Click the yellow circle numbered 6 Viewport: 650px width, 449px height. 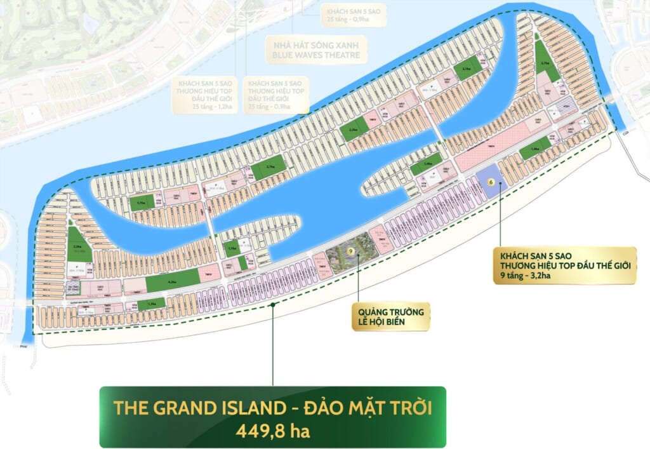pyautogui.click(x=490, y=181)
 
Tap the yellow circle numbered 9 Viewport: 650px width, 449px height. pyautogui.click(x=350, y=252)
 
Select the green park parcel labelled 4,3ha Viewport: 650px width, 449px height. pyautogui.click(x=172, y=279)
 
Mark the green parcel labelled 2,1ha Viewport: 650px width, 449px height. pyautogui.click(x=467, y=69)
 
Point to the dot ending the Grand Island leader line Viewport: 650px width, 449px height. pyautogui.click(x=273, y=305)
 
